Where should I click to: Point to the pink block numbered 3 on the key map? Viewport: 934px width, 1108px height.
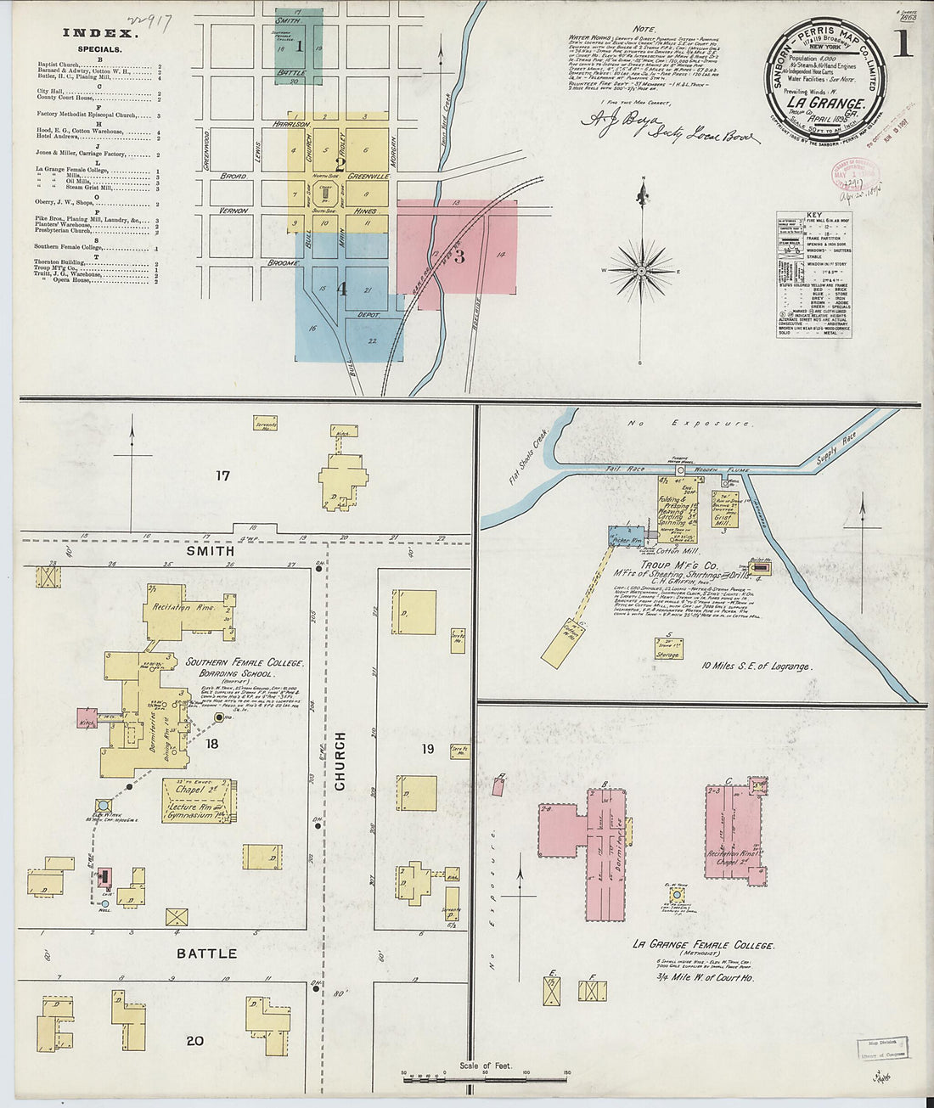(x=458, y=254)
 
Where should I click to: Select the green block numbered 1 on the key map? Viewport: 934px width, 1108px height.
(x=299, y=46)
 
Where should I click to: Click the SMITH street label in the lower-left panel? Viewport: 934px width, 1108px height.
(x=211, y=550)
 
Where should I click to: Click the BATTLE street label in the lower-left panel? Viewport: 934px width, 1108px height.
(x=206, y=953)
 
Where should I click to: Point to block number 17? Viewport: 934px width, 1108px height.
(x=222, y=476)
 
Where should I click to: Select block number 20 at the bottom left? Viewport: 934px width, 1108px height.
(x=194, y=1040)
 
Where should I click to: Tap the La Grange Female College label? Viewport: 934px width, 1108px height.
(x=702, y=945)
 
